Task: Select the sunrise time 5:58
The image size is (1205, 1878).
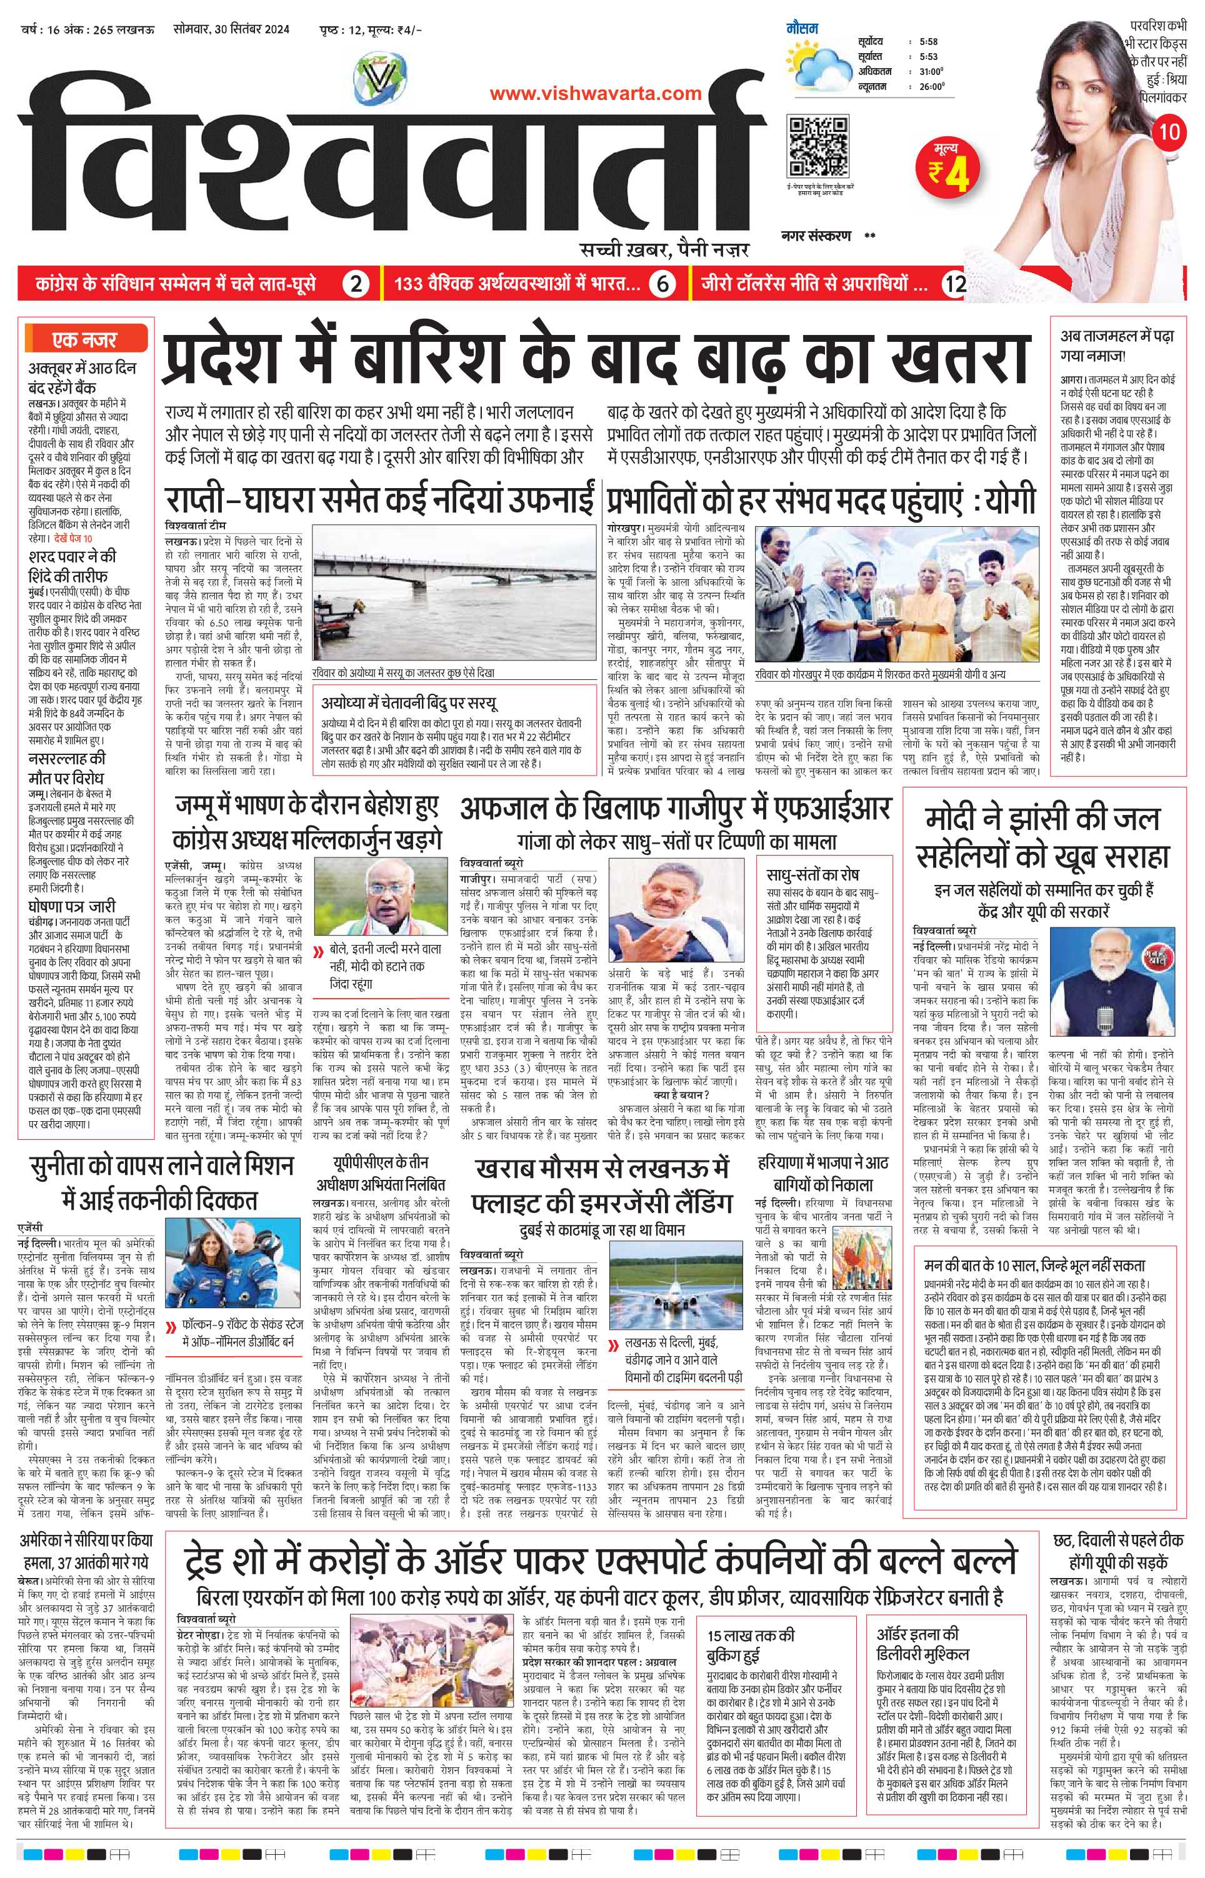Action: pyautogui.click(x=928, y=41)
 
